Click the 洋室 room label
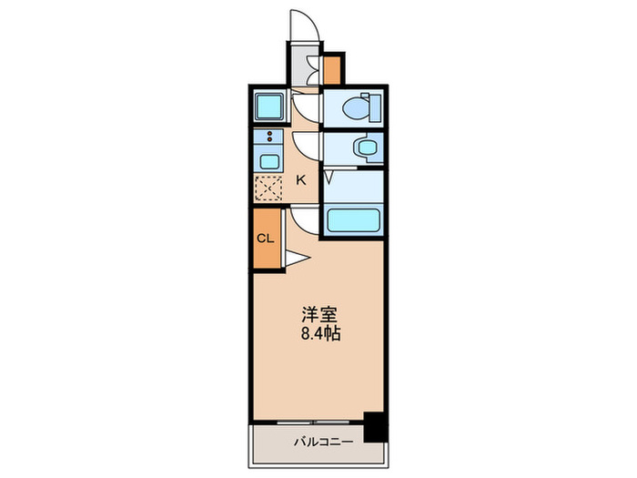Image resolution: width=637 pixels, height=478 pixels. pyautogui.click(x=320, y=316)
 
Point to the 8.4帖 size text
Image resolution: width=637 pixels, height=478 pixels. pyautogui.click(x=320, y=333)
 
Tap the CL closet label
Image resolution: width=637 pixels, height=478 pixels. pyautogui.click(x=265, y=239)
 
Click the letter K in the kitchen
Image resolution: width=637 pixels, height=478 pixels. pyautogui.click(x=300, y=180)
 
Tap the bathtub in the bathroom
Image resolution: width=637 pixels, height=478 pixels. pyautogui.click(x=351, y=221)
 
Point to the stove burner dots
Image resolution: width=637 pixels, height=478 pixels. pyautogui.click(x=269, y=137)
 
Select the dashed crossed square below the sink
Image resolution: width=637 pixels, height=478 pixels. pyautogui.click(x=269, y=187)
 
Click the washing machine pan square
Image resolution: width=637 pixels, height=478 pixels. pyautogui.click(x=269, y=108)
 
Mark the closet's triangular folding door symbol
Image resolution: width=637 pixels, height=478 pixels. pyautogui.click(x=297, y=259)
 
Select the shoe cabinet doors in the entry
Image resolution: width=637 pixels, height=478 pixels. pyautogui.click(x=312, y=67)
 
